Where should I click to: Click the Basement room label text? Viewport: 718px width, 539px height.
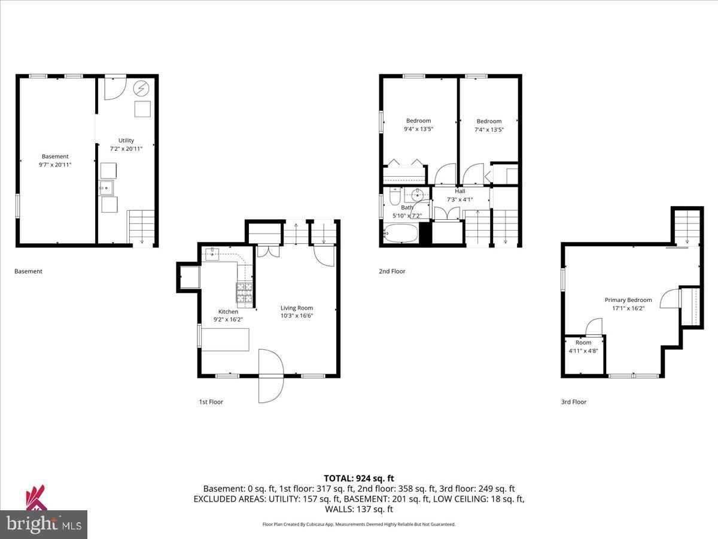[x=55, y=156]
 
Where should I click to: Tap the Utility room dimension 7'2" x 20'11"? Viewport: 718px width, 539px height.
[x=126, y=149]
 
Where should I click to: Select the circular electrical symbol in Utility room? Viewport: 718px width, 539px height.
[x=142, y=89]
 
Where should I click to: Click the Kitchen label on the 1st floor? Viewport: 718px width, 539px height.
[x=228, y=311]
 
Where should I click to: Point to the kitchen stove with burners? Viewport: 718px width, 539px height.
[x=244, y=292]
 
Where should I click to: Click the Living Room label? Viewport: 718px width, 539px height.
[x=297, y=308]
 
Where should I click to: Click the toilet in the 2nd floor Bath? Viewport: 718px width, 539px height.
[x=395, y=196]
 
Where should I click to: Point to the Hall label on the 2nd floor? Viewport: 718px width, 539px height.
[x=460, y=191]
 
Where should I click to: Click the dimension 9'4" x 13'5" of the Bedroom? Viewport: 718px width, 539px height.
[x=418, y=129]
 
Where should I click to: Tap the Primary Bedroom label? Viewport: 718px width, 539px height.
[x=628, y=300]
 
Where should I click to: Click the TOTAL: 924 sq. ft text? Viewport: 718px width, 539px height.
[x=359, y=478]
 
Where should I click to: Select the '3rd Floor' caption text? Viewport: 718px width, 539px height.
[x=573, y=402]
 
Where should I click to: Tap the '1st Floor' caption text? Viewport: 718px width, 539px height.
[x=211, y=402]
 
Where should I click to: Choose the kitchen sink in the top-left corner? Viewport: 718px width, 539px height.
[x=212, y=254]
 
